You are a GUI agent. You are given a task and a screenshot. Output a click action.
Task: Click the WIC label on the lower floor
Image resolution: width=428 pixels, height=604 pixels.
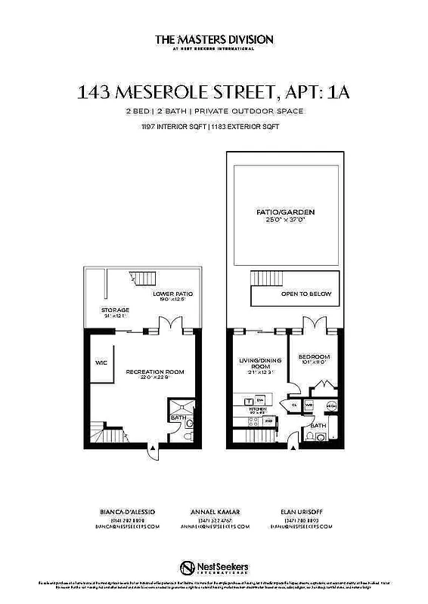[100, 362]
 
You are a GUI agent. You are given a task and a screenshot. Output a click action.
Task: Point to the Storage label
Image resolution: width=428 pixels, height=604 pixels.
[116, 310]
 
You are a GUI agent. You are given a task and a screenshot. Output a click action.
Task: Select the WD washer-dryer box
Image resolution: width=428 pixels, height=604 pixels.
[309, 405]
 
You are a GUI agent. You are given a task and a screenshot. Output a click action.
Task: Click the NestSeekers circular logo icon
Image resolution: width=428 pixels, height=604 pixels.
[187, 567]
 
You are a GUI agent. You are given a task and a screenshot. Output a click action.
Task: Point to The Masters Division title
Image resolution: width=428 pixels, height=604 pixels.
[214, 39]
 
